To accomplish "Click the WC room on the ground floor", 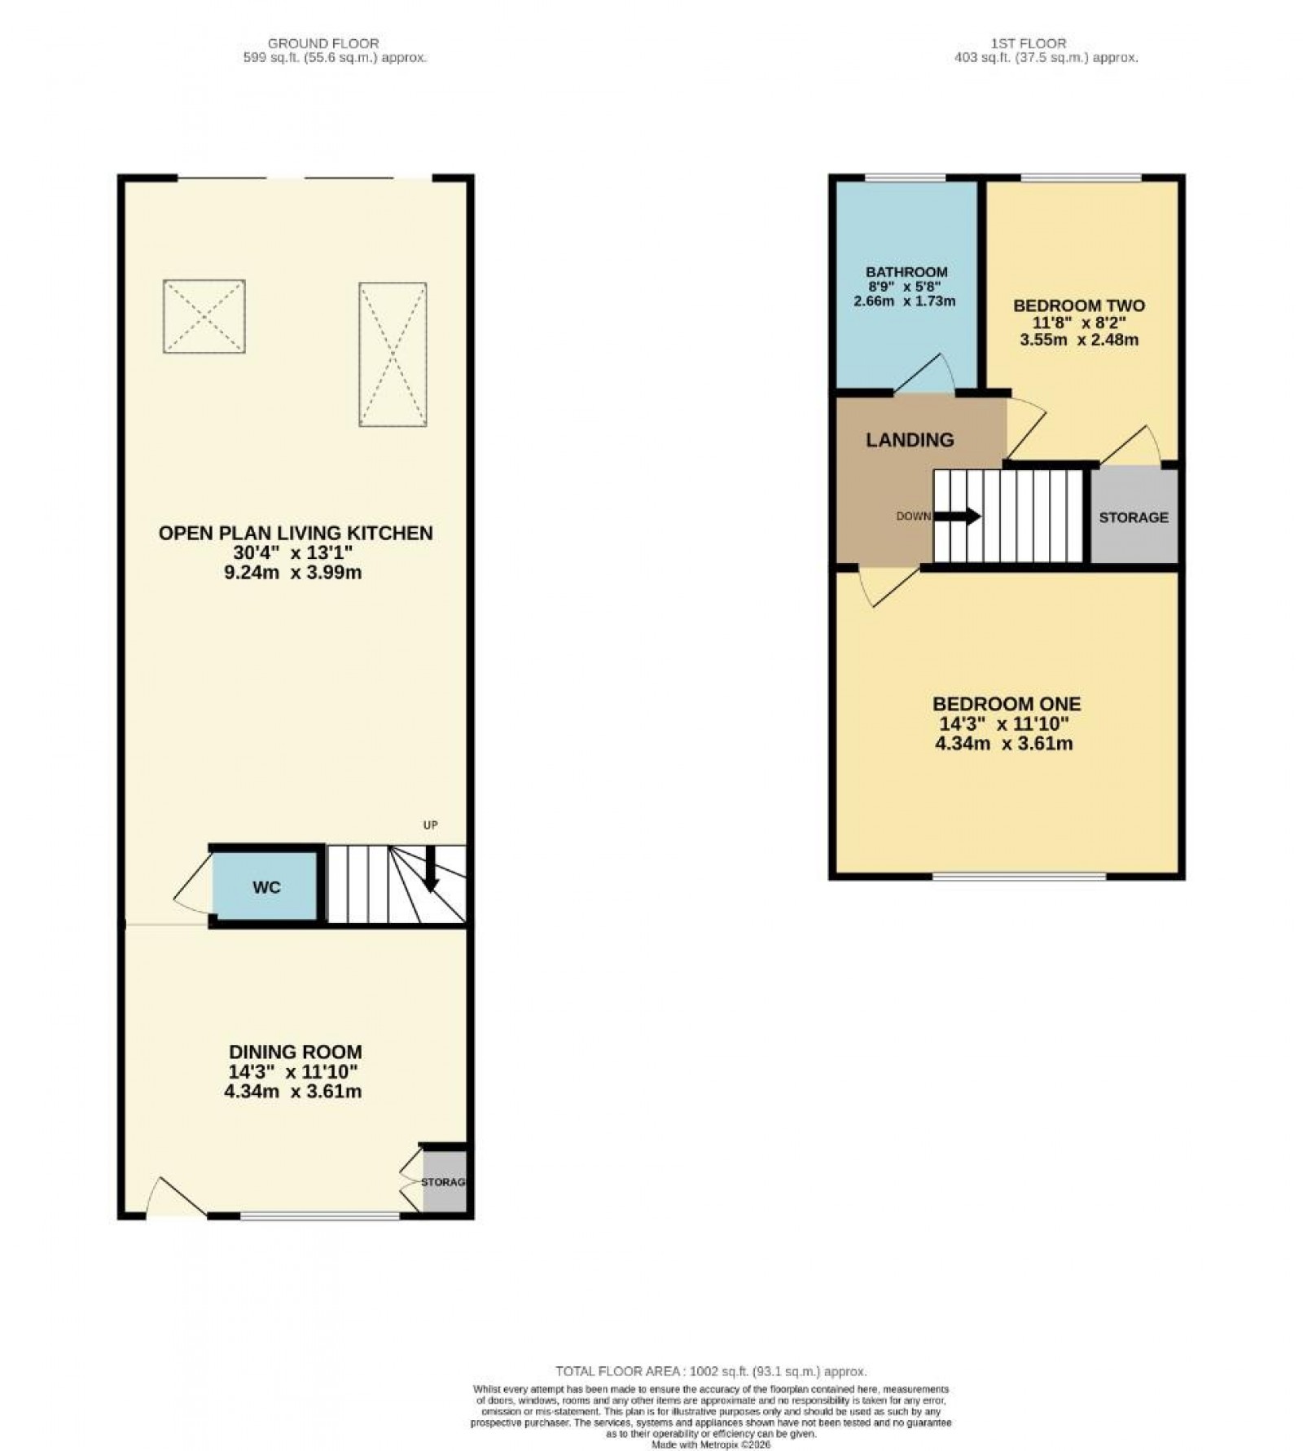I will pyautogui.click(x=265, y=887).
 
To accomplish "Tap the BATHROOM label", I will pyautogui.click(x=906, y=272).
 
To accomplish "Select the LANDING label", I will pyautogui.click(x=910, y=440).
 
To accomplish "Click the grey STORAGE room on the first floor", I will pyautogui.click(x=1134, y=517).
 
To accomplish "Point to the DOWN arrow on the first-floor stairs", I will pyautogui.click(x=959, y=516).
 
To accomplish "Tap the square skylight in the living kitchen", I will pyautogui.click(x=204, y=316).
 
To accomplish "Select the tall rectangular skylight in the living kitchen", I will pyautogui.click(x=393, y=354).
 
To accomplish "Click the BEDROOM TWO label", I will pyautogui.click(x=1079, y=306).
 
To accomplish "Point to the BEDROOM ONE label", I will pyautogui.click(x=1007, y=704).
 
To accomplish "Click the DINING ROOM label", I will pyautogui.click(x=295, y=1053).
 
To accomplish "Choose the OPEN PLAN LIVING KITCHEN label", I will pyautogui.click(x=296, y=534).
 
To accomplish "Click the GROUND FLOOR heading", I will pyautogui.click(x=323, y=43).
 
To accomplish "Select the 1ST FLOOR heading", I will pyautogui.click(x=1029, y=43).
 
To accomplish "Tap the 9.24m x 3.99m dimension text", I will pyautogui.click(x=293, y=573).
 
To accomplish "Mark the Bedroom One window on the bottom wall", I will pyautogui.click(x=1019, y=877).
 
